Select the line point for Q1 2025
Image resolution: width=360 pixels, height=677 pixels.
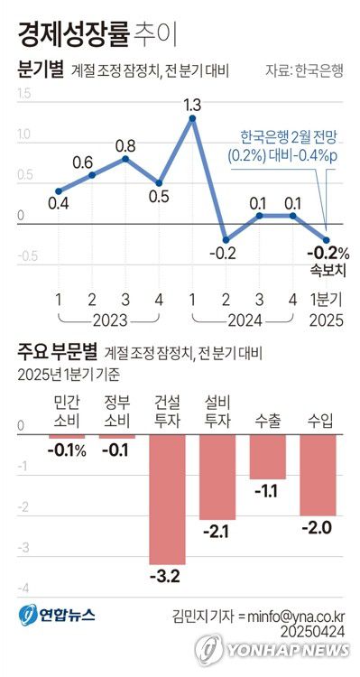tap(327, 229)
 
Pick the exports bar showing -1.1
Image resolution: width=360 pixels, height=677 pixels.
tap(267, 457)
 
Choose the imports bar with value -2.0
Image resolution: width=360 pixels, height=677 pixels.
tap(318, 475)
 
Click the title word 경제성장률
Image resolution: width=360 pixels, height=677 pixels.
tap(71, 35)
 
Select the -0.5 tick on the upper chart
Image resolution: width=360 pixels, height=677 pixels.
tap(25, 256)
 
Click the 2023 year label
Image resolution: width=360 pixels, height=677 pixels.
tap(109, 320)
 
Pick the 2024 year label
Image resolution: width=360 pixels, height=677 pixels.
tap(243, 320)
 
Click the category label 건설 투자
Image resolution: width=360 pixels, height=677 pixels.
tap(167, 411)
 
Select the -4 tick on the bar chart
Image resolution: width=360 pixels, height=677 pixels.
tap(23, 588)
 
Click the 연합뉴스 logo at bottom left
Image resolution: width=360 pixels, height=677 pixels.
tap(56, 616)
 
